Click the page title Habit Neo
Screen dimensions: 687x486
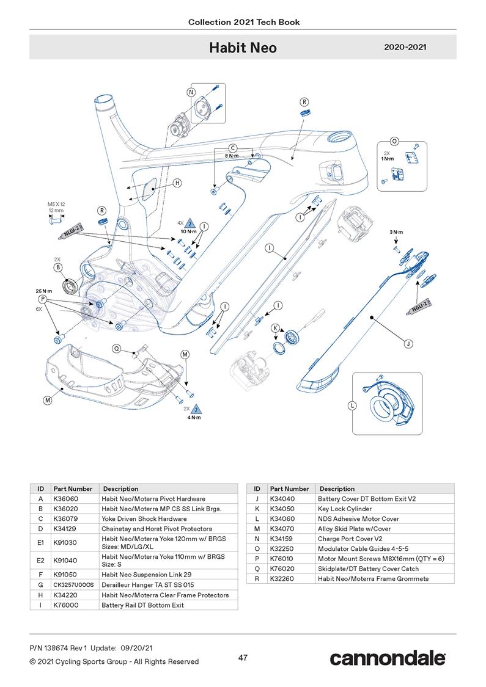tap(243, 48)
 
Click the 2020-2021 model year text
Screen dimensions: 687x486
tap(405, 47)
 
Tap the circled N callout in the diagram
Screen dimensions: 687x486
tap(191, 92)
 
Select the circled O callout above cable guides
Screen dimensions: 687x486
tap(394, 141)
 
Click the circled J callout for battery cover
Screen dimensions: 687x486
tap(408, 344)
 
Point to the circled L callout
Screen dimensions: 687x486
tap(352, 406)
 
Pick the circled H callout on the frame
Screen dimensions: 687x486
tap(177, 183)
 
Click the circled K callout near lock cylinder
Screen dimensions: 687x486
tap(275, 328)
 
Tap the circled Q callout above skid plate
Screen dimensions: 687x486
tap(117, 348)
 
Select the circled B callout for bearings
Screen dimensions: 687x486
tap(58, 267)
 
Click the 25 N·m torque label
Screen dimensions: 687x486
tap(43, 291)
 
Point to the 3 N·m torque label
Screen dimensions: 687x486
tap(396, 232)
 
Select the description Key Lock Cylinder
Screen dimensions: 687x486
tap(345, 509)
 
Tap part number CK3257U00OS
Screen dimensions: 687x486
tap(73, 585)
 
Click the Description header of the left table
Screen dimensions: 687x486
tap(120, 489)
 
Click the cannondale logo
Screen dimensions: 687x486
tap(388, 658)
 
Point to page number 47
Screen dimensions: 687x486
tap(243, 658)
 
